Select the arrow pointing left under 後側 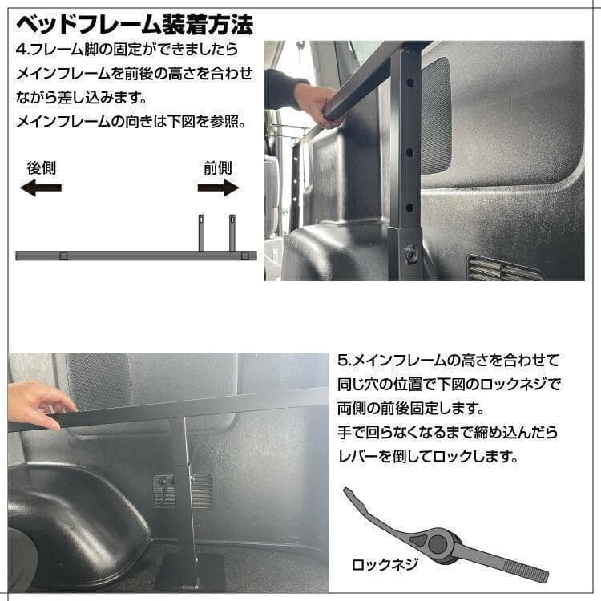point(41,188)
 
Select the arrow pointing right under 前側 point(218,188)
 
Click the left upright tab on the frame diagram point(202,232)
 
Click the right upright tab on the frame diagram point(232,232)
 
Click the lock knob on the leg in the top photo point(411,253)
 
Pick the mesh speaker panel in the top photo point(435,116)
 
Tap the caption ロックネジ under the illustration point(385,564)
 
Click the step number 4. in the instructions point(22,50)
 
